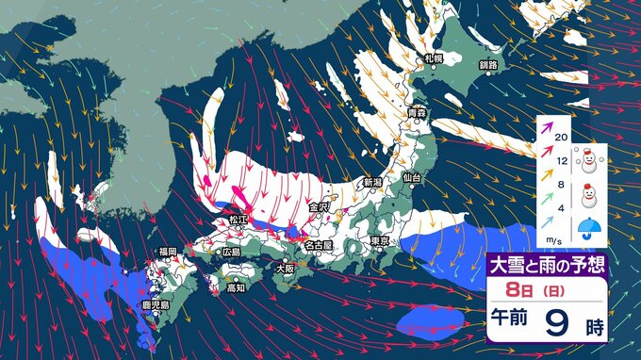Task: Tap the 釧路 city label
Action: (487, 64)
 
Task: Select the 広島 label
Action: (231, 253)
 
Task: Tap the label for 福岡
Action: (168, 252)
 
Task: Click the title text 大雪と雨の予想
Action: (547, 264)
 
